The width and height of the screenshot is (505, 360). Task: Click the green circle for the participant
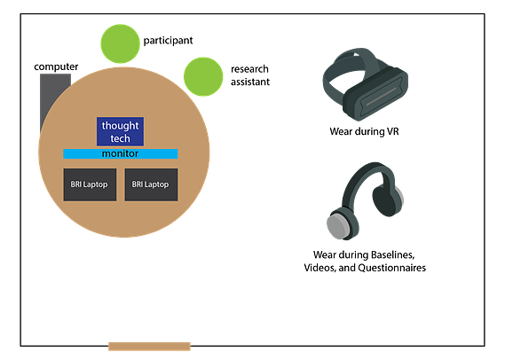tap(120, 43)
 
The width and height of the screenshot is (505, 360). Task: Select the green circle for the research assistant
tap(203, 76)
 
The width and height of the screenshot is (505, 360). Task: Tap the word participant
tap(168, 41)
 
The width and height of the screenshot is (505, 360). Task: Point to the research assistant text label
tap(250, 75)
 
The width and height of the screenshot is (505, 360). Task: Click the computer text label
tap(56, 67)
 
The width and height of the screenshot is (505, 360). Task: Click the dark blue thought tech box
tap(120, 131)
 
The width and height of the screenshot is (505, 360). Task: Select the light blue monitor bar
tap(121, 153)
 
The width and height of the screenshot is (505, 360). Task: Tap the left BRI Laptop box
tap(90, 184)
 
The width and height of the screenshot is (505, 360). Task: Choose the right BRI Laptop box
tap(151, 184)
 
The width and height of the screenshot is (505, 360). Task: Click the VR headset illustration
tap(366, 84)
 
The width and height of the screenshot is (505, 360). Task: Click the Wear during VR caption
tap(364, 131)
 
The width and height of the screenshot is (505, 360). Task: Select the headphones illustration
tap(365, 200)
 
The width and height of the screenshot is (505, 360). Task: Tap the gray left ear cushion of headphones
tap(337, 225)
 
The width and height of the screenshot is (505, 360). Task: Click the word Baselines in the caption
tap(393, 254)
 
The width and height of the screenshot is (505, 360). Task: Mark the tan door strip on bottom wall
tap(149, 347)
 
